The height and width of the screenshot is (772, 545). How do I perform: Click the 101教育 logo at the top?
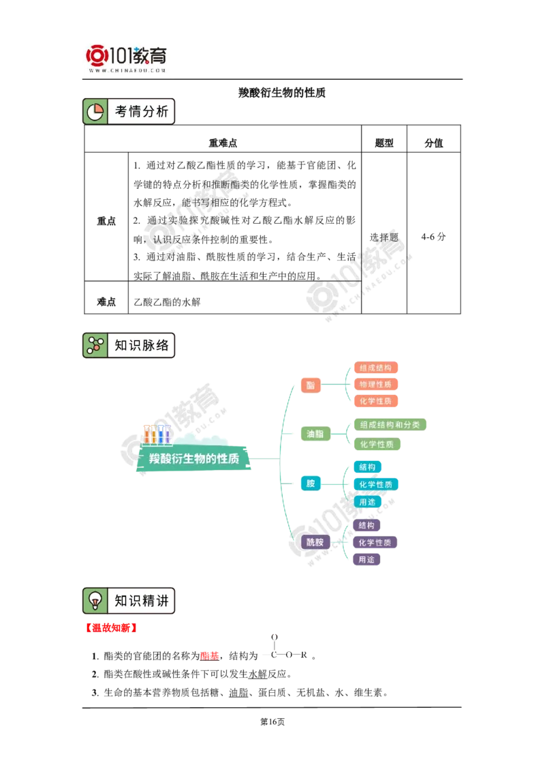[127, 58]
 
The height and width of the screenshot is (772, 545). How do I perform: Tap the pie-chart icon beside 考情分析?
[95, 112]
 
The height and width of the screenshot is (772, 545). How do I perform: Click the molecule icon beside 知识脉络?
[95, 346]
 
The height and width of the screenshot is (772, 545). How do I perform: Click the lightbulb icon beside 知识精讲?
[95, 601]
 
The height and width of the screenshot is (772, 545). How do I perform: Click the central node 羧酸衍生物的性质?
[194, 459]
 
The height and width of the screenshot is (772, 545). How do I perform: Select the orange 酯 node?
[311, 385]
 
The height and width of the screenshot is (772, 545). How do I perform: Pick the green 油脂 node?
[315, 434]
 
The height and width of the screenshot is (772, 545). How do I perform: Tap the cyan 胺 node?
[311, 484]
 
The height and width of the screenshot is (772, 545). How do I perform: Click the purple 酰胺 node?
[315, 542]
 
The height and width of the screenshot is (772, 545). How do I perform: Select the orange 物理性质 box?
[375, 385]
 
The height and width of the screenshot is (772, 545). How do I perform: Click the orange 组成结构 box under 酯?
[375, 368]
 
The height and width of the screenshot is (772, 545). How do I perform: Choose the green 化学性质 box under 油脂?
[377, 444]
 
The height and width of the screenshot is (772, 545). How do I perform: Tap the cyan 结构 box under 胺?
[367, 467]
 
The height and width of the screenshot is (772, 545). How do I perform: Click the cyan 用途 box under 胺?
[367, 502]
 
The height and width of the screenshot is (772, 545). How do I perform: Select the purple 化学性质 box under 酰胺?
[375, 543]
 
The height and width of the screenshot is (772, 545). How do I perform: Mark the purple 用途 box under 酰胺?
[367, 560]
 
